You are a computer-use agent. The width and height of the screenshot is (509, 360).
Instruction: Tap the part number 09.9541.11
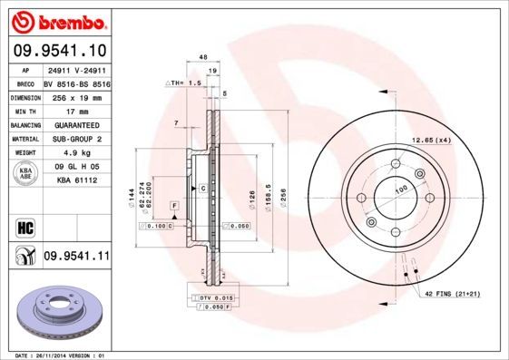(75, 257)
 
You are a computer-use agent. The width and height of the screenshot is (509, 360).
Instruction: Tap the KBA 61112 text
(75, 180)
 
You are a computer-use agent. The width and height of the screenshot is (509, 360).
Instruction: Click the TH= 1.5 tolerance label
(185, 83)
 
